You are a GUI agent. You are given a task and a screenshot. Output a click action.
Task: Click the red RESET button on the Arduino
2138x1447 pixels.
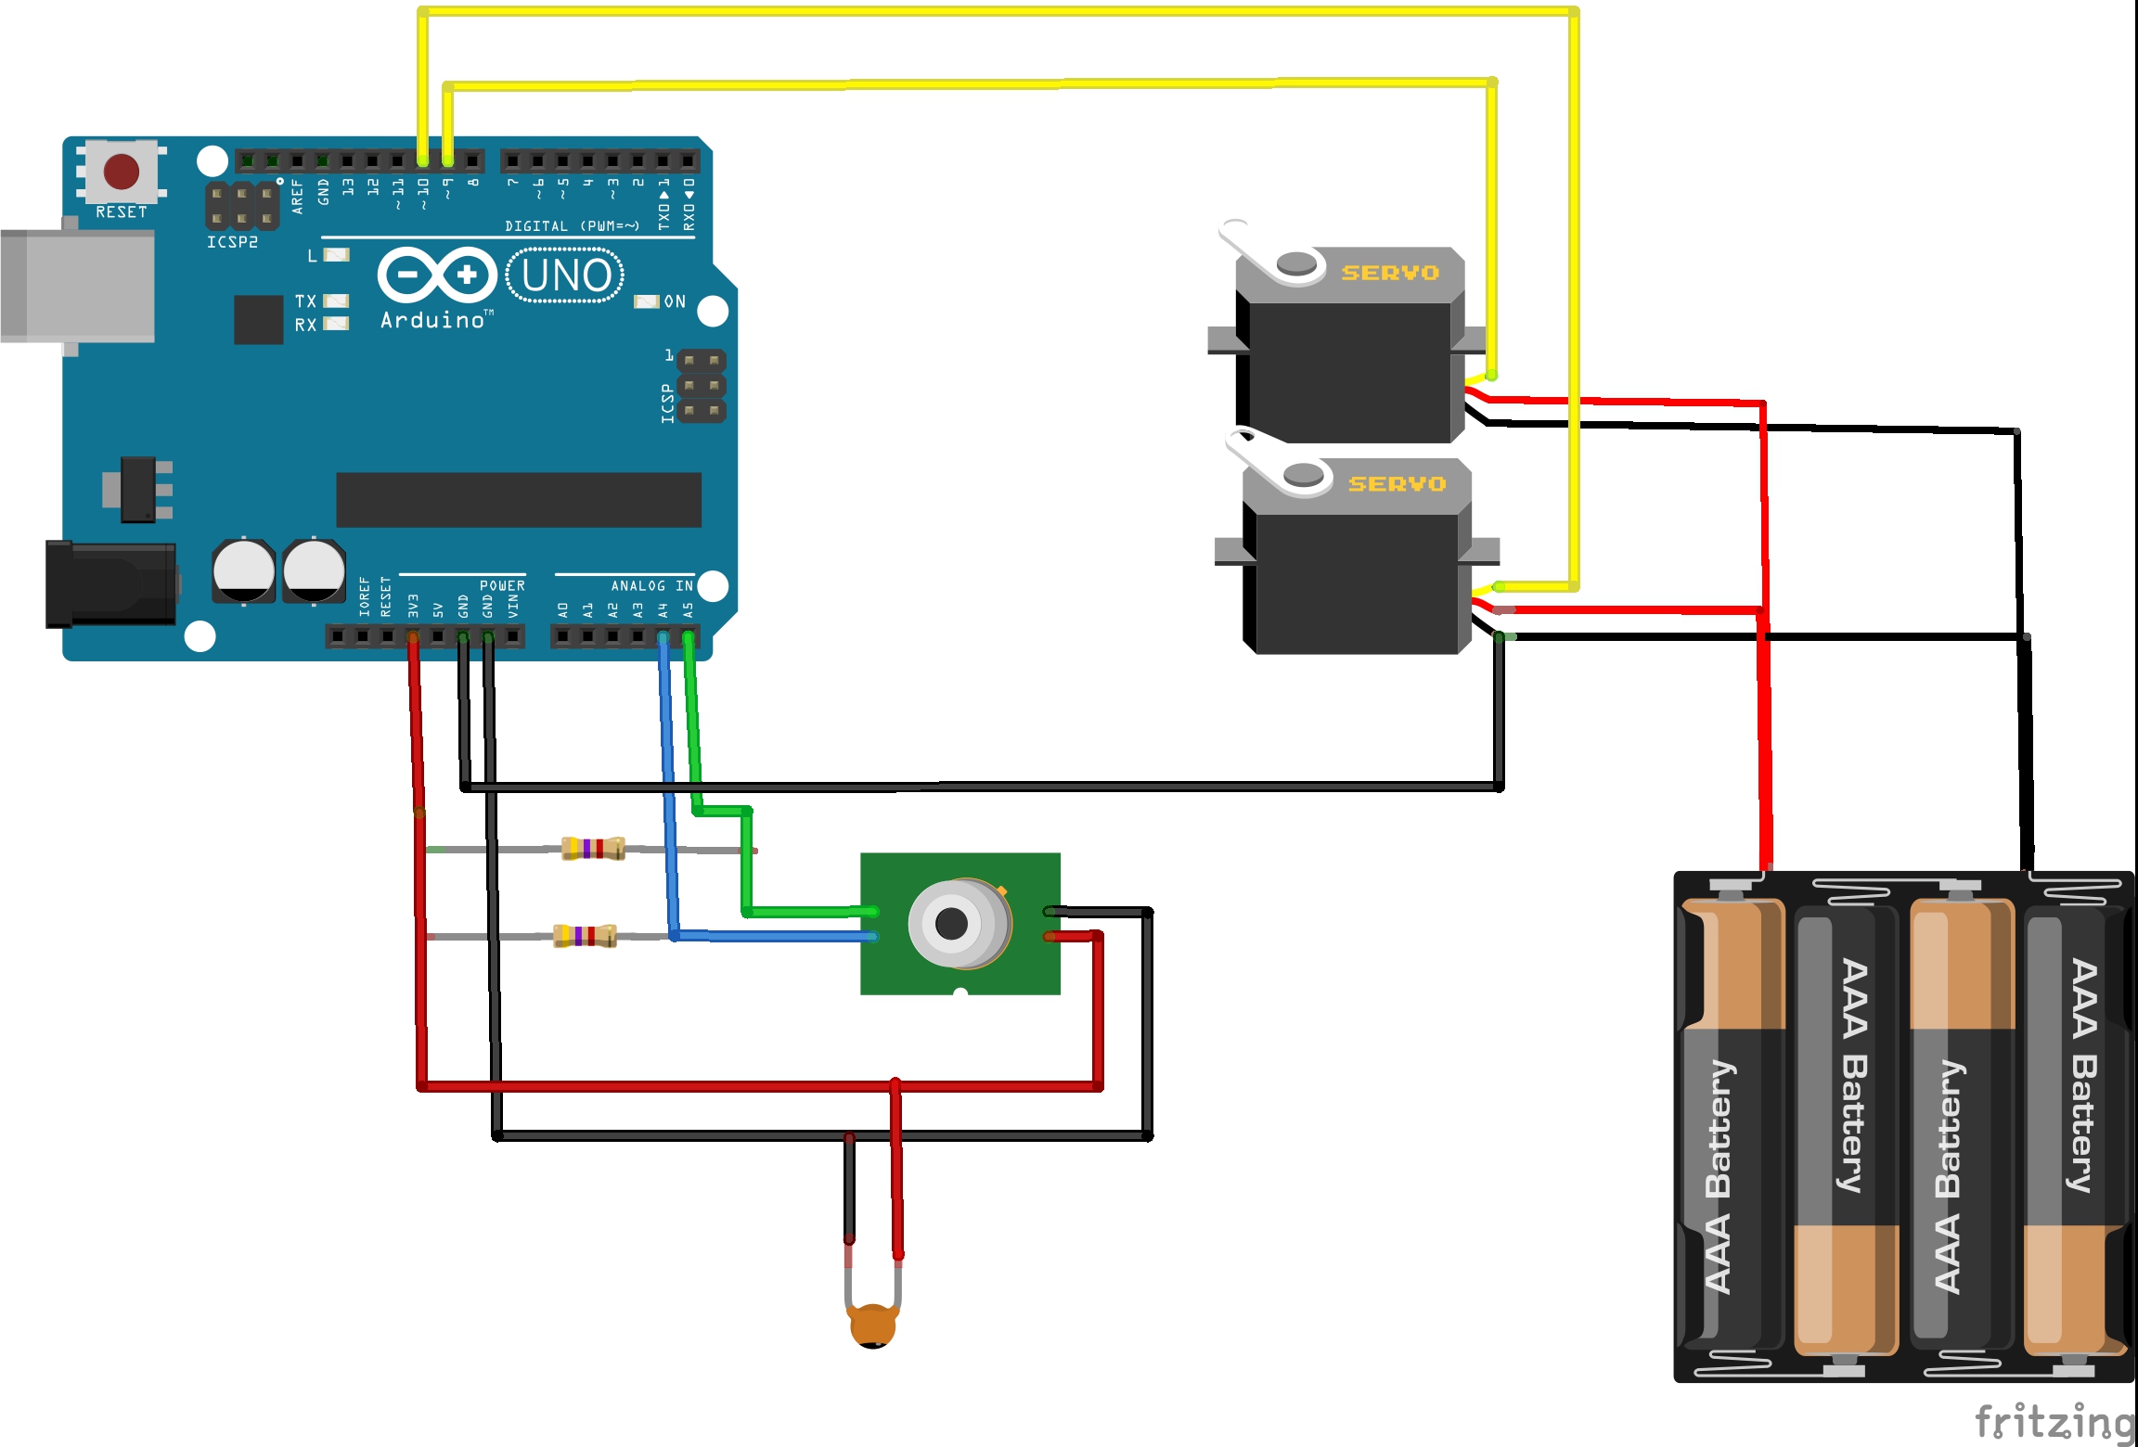pyautogui.click(x=122, y=172)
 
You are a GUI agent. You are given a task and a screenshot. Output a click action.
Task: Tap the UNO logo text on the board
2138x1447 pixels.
pyautogui.click(x=566, y=275)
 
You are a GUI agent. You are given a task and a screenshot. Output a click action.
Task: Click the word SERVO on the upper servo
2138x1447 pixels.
pyautogui.click(x=1390, y=273)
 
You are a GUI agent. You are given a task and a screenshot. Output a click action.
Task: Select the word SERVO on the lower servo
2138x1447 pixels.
pyautogui.click(x=1397, y=484)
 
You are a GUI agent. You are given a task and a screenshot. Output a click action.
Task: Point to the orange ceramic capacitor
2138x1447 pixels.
pyautogui.click(x=872, y=1325)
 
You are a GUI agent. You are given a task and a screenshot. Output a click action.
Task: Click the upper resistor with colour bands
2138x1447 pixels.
pyautogui.click(x=593, y=848)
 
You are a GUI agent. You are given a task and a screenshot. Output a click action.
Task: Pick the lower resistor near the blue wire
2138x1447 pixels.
pyautogui.click(x=585, y=936)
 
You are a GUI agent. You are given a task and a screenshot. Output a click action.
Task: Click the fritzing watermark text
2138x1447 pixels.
pyautogui.click(x=2054, y=1422)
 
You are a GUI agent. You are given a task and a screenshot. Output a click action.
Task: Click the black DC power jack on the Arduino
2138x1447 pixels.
pyautogui.click(x=111, y=584)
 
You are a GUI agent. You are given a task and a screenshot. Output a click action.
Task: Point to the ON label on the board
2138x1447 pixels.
pyautogui.click(x=675, y=301)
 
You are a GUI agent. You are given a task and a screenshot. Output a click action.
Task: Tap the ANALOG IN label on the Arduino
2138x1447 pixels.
pyautogui.click(x=651, y=586)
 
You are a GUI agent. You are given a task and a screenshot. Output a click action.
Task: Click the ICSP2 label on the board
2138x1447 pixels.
pyautogui.click(x=232, y=242)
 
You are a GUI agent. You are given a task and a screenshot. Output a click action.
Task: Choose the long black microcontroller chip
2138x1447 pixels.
pyautogui.click(x=518, y=500)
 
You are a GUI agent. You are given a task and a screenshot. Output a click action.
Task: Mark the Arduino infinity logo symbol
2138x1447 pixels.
pyautogui.click(x=437, y=275)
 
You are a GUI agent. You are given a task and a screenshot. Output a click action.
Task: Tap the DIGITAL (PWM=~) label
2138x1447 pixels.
pyautogui.click(x=572, y=226)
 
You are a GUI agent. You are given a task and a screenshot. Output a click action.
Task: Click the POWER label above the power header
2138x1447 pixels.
pyautogui.click(x=502, y=586)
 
